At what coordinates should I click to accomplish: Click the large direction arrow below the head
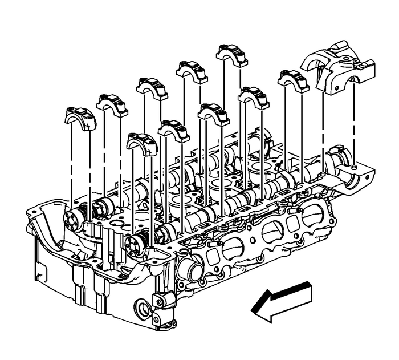[x=282, y=300]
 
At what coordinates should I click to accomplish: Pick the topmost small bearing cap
[x=231, y=54]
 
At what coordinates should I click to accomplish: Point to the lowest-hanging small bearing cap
[x=142, y=144]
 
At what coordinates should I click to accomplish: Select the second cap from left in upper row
[x=112, y=104]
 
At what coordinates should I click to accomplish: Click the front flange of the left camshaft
[x=74, y=219]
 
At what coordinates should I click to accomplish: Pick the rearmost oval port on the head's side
[x=312, y=215]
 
